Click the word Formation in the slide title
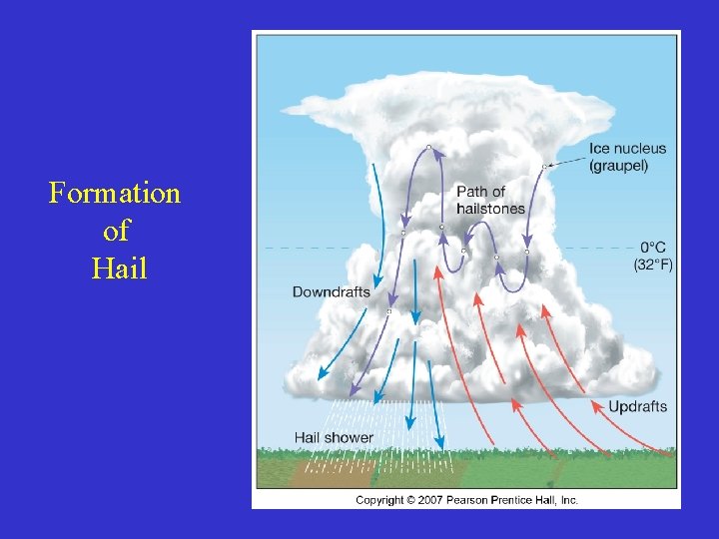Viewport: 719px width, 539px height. (115, 193)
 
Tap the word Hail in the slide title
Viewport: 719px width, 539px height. (118, 268)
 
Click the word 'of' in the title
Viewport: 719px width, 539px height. (116, 231)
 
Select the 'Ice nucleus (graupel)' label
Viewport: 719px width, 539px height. (627, 157)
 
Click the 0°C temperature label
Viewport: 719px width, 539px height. (653, 248)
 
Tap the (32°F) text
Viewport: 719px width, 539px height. (653, 265)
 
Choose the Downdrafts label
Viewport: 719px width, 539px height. (331, 291)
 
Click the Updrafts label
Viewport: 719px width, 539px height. (637, 406)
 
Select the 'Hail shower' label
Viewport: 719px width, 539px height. (334, 437)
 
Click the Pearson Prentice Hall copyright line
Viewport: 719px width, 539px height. (466, 500)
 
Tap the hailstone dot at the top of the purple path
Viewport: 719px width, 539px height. (428, 148)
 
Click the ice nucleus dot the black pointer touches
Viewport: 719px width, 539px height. (543, 166)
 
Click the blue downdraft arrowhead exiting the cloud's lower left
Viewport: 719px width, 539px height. (322, 376)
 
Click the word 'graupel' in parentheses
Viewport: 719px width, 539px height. (618, 166)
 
